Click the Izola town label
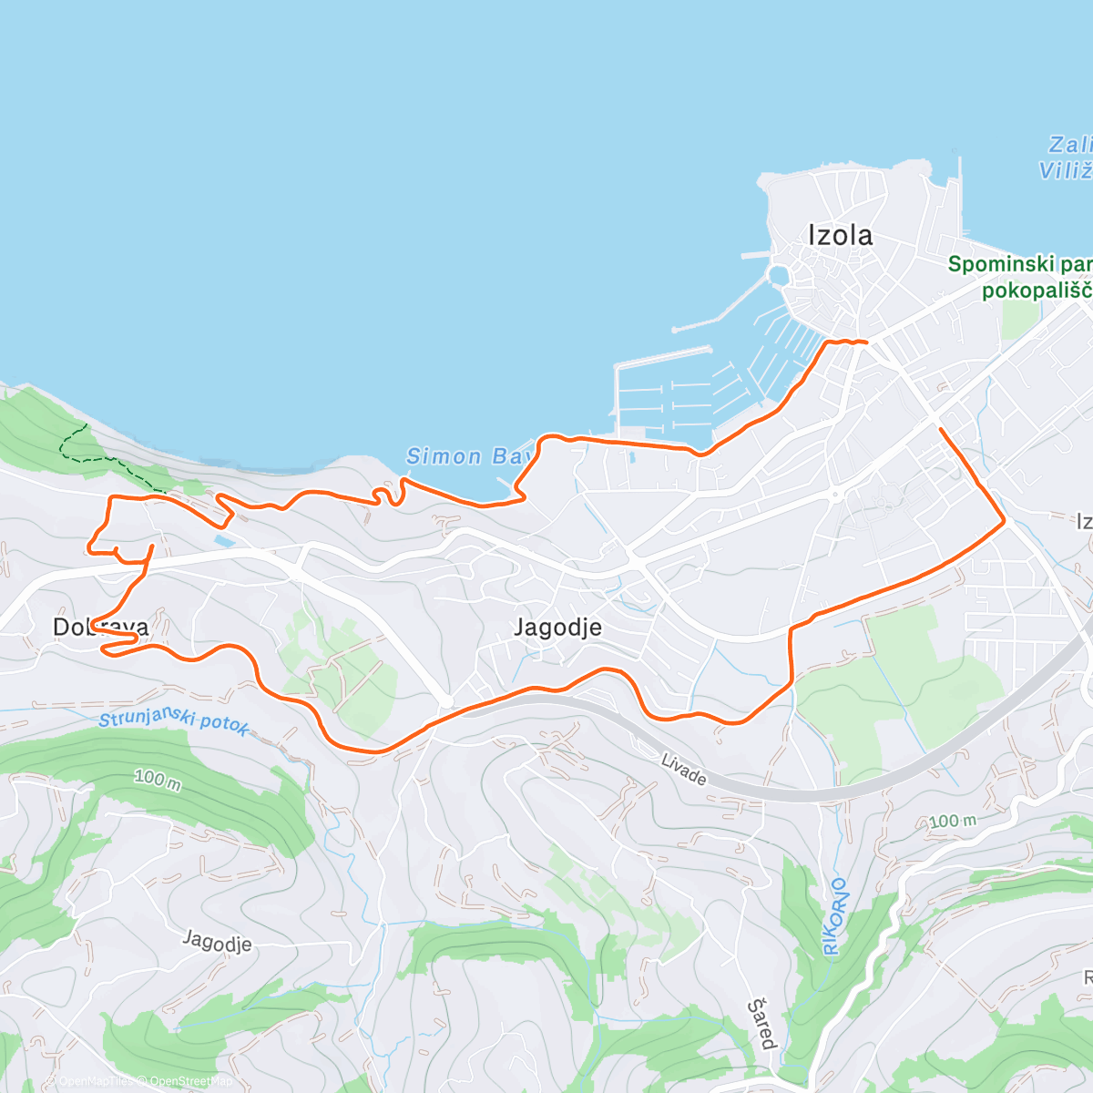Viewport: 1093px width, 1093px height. tap(840, 235)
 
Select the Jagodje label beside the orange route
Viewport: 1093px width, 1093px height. tap(557, 627)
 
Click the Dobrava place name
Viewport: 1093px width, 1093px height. tap(100, 627)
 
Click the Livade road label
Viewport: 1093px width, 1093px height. tap(683, 770)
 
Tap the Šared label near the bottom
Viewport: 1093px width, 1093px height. tap(762, 1023)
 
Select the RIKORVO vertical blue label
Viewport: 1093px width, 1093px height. tap(835, 916)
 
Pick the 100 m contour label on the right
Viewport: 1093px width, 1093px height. tap(952, 822)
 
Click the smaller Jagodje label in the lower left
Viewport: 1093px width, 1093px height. tap(217, 941)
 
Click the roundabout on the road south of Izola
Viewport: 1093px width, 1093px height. tap(833, 495)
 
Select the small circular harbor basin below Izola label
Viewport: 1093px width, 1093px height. tap(778, 274)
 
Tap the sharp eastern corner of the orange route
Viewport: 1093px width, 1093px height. tap(1004, 521)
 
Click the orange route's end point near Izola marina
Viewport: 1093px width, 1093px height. tap(865, 342)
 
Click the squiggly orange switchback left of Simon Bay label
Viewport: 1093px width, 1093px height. tap(388, 492)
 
